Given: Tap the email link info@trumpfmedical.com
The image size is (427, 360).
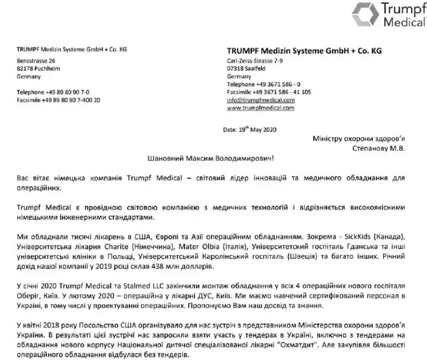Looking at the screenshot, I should click(x=260, y=100).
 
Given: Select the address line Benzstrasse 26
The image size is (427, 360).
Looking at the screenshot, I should click(x=36, y=60).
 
